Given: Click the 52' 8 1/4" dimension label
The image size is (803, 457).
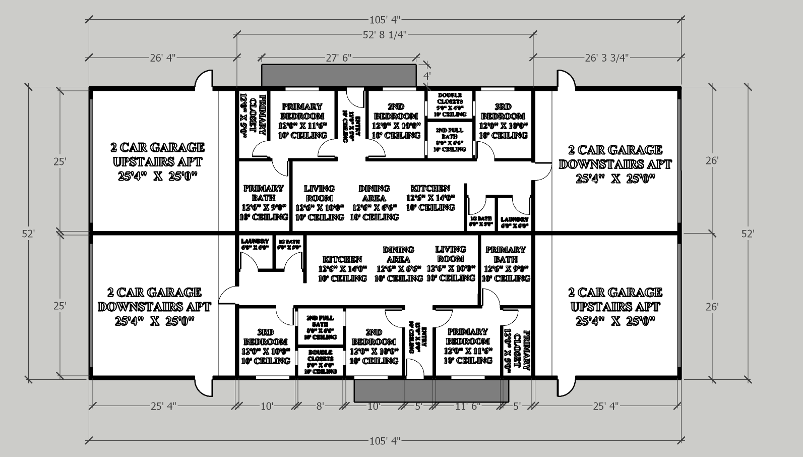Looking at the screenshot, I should tap(385, 34).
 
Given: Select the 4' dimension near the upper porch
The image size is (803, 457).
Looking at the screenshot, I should tap(426, 76).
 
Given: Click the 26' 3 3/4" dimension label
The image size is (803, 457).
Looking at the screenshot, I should tap(606, 58).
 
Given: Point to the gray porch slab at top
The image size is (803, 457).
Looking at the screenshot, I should tap(339, 75).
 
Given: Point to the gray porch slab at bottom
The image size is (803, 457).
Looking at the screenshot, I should tap(431, 391).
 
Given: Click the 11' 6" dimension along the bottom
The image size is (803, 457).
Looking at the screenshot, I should tap(468, 406).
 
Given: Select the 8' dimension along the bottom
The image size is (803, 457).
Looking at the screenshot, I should tap(320, 406).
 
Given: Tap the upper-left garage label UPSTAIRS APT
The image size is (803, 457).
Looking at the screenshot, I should tap(157, 162).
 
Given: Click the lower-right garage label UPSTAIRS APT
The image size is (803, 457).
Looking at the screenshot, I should tap(615, 307).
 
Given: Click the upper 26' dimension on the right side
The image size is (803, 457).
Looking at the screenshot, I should tap(712, 161).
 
